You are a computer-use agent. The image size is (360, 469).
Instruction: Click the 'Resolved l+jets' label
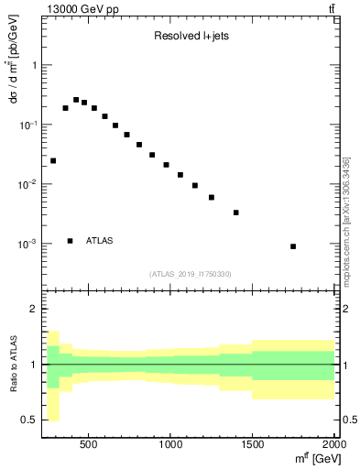(x=189, y=38)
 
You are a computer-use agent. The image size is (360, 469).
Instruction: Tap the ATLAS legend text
(x=100, y=241)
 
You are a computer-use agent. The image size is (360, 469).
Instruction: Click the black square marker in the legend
(x=70, y=241)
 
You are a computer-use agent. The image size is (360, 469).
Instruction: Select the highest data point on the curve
(x=76, y=100)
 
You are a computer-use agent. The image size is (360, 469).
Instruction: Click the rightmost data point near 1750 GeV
(x=293, y=246)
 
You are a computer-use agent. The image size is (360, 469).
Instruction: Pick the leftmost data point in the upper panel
(x=53, y=160)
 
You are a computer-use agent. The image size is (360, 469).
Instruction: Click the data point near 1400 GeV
(x=236, y=213)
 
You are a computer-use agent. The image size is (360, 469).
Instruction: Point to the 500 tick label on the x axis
(x=89, y=443)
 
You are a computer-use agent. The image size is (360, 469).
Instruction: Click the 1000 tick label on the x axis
(x=171, y=443)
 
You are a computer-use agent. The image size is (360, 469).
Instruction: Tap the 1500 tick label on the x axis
(x=253, y=443)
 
